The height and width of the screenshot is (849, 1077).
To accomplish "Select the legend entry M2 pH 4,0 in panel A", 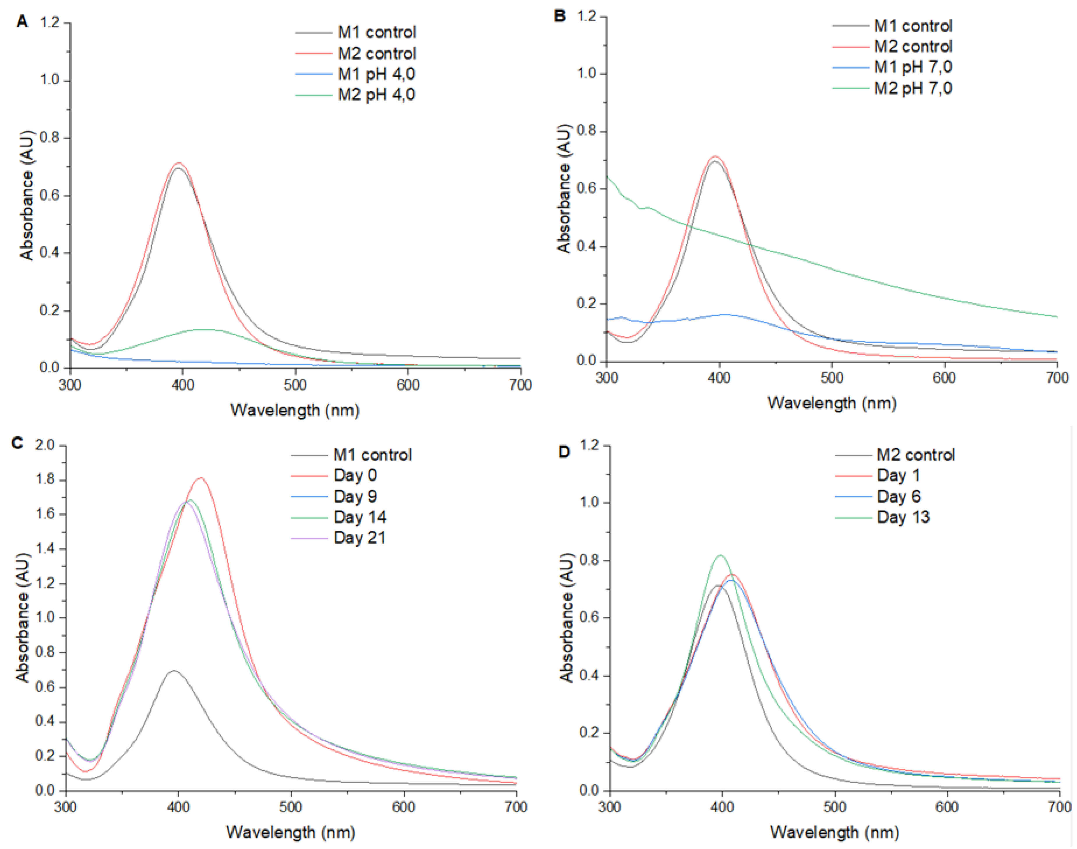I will (x=376, y=94).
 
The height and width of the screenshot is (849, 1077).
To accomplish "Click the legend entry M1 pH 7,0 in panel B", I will (x=913, y=67).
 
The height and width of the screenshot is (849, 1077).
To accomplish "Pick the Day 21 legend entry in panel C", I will (x=359, y=537).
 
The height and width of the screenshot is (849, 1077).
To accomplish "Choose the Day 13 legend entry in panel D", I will (x=903, y=517).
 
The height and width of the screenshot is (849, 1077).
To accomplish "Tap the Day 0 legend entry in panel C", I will (x=355, y=475).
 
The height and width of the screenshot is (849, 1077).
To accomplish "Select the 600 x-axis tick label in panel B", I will (x=944, y=378).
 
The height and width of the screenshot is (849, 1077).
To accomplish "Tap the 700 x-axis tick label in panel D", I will (x=1058, y=806).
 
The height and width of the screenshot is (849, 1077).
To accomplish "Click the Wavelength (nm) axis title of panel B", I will (x=832, y=402).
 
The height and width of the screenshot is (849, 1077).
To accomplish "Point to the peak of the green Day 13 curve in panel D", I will (x=720, y=556).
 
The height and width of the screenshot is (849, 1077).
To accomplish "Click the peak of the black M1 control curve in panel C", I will (x=173, y=671).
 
